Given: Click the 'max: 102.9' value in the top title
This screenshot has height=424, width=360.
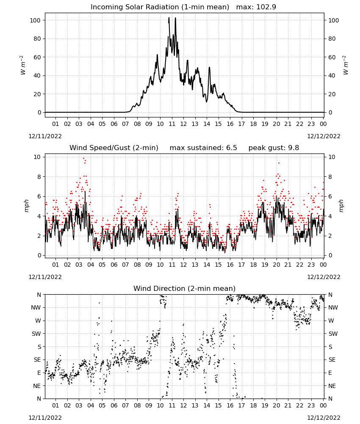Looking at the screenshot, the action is click(x=256, y=7).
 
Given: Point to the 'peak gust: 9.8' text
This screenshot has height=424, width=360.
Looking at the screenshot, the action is click(x=274, y=148).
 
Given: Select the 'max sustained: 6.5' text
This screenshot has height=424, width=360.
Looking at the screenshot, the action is click(x=203, y=148).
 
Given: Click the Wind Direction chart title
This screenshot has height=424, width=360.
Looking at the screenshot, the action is click(x=185, y=288).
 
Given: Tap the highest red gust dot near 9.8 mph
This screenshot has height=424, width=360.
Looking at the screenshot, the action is click(x=84, y=159).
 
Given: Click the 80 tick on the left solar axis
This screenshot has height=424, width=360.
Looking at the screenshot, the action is click(x=37, y=39).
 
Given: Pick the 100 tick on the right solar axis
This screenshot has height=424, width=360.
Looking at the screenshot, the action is click(x=333, y=20).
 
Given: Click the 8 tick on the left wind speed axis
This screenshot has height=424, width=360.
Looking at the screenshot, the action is click(x=39, y=177).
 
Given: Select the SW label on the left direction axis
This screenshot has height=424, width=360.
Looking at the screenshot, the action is click(x=36, y=334).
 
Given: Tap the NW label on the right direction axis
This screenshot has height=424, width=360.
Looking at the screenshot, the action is click(x=333, y=308).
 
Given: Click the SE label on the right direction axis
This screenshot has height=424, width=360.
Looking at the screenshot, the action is click(x=332, y=360).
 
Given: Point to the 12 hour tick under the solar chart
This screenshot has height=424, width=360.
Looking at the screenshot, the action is click(x=183, y=124).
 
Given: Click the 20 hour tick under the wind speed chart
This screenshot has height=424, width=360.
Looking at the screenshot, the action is click(x=276, y=265).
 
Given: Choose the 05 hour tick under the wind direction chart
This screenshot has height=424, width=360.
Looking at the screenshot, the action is click(x=102, y=405).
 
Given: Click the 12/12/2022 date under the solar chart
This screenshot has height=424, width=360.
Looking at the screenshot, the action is click(x=324, y=136).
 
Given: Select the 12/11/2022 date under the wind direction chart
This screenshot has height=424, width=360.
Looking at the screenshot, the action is click(x=45, y=418).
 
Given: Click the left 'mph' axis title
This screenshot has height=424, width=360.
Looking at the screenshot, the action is click(x=26, y=206).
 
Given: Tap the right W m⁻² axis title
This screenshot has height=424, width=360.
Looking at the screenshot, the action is click(x=346, y=65).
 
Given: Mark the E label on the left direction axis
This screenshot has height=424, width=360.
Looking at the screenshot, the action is click(x=39, y=373).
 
